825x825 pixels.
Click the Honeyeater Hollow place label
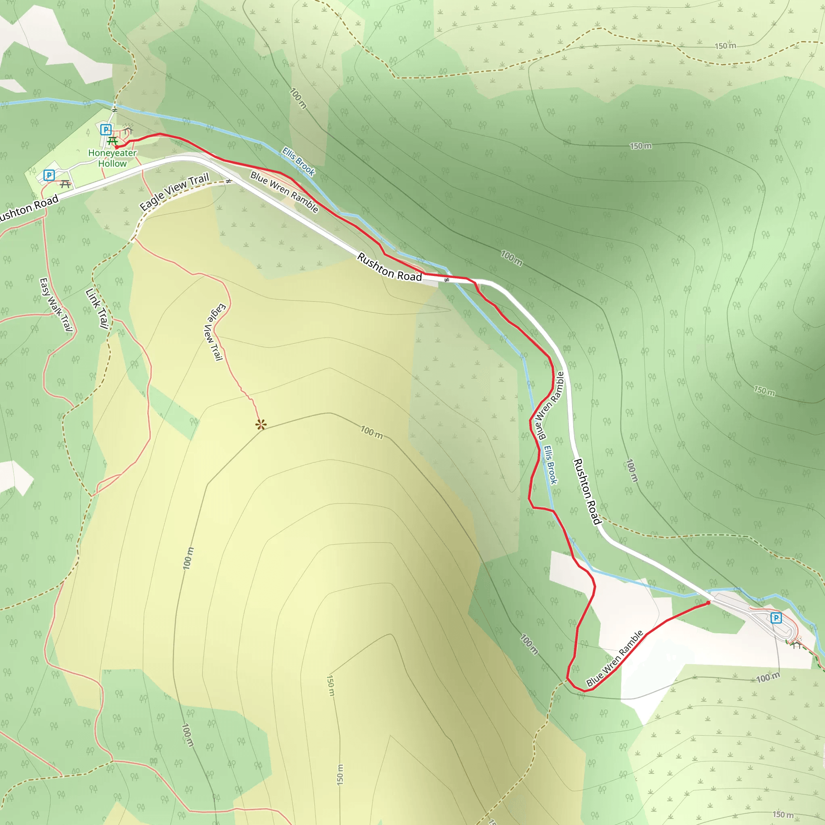coord(112,158)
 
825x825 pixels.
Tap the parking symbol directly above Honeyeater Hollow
coord(106,129)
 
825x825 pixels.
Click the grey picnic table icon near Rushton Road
coord(65,184)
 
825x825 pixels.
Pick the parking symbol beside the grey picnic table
coord(49,175)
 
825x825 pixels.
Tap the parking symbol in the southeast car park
coord(776,618)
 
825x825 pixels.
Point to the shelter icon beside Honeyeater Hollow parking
coord(128,129)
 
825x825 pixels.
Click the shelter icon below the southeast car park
coord(796,645)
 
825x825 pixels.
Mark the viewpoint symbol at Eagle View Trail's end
coord(261,425)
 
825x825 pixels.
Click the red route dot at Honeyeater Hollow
coord(116,147)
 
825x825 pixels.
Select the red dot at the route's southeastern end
coord(709,603)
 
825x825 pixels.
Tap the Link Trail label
coord(97,308)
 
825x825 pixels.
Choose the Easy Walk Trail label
coord(56,305)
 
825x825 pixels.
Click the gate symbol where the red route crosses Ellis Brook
coord(447,280)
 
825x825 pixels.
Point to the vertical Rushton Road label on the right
coord(587,491)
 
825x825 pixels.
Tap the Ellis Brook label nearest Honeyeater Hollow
coord(298,162)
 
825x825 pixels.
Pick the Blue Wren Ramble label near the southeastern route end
coord(614,658)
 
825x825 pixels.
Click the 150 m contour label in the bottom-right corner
coord(783,814)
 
